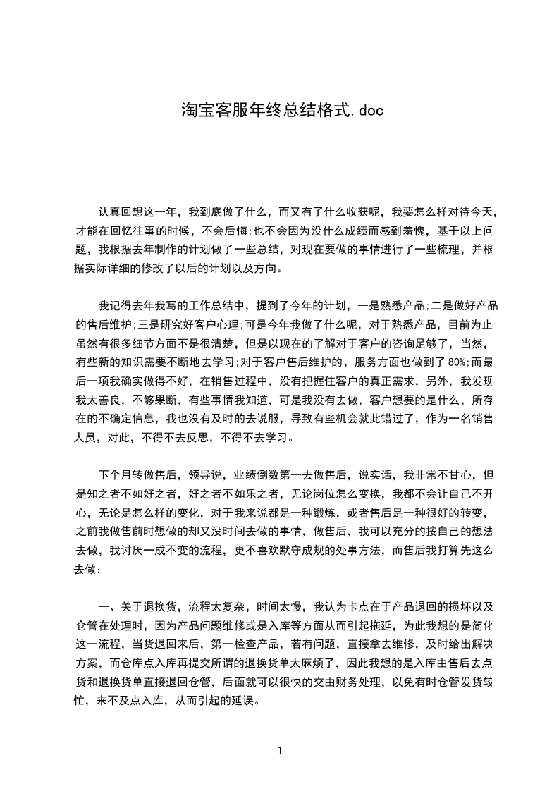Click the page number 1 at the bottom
click(x=280, y=751)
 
